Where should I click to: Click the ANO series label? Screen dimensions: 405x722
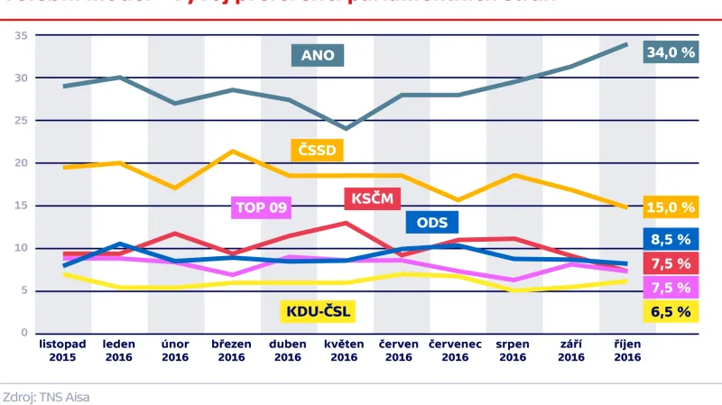[x=318, y=55]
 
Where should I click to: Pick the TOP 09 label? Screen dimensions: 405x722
[x=261, y=207]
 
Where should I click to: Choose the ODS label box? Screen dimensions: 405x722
[x=432, y=223]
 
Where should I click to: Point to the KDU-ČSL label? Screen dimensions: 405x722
[x=318, y=313]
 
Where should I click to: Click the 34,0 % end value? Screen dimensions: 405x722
[x=670, y=53]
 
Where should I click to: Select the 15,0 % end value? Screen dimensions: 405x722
[x=670, y=207]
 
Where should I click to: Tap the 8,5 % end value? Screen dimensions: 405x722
[x=670, y=239]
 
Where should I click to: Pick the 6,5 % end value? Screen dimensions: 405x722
[x=670, y=312]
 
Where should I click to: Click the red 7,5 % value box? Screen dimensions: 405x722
[x=670, y=263]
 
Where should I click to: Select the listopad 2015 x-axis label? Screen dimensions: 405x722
[x=62, y=350]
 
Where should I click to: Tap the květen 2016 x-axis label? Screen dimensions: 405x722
[x=344, y=350]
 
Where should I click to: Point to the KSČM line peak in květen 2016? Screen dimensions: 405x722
[x=344, y=223]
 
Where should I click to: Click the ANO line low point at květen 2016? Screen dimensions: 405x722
[x=344, y=128]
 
